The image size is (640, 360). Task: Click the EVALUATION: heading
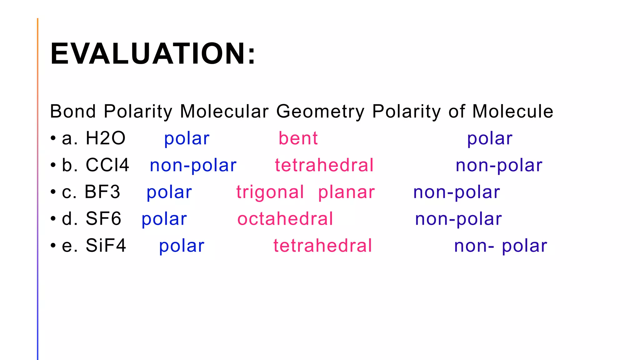click(153, 54)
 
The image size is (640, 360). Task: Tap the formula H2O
click(106, 138)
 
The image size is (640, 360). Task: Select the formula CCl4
click(107, 165)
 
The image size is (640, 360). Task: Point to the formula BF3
click(102, 192)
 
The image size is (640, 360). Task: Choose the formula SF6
click(103, 219)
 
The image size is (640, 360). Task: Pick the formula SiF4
click(106, 246)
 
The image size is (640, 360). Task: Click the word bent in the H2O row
click(298, 138)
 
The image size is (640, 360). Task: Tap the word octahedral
click(285, 219)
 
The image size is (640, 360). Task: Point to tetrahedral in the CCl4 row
click(324, 165)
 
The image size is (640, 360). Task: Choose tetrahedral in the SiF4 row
click(323, 246)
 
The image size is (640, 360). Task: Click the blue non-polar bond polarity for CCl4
click(193, 166)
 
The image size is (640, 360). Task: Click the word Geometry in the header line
click(320, 112)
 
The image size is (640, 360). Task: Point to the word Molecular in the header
click(224, 111)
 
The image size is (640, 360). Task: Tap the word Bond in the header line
click(73, 111)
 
